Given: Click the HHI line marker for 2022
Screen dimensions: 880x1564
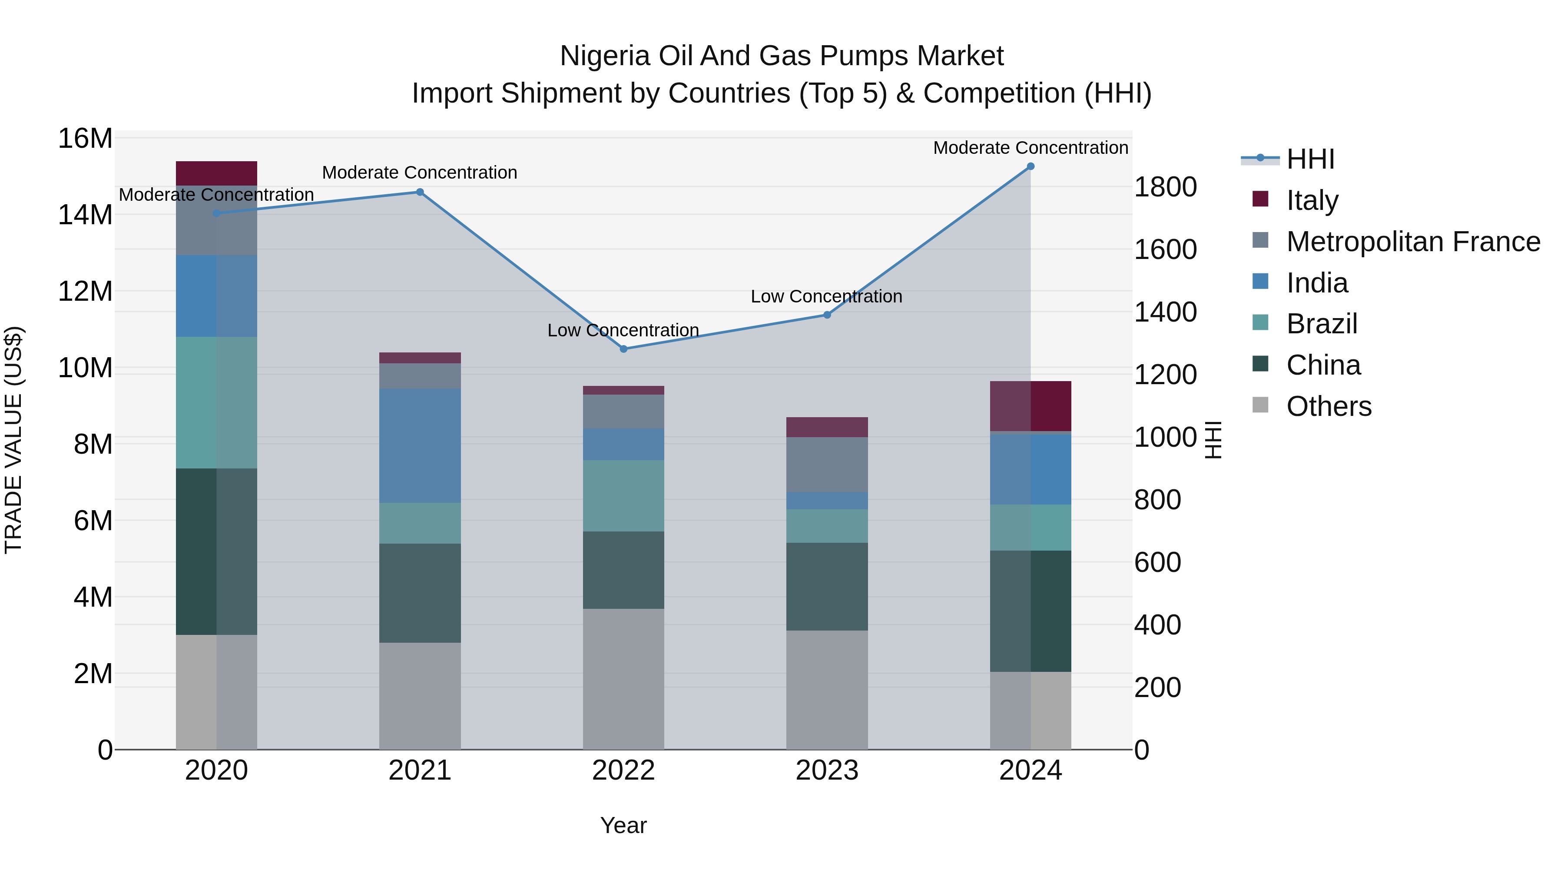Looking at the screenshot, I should point(623,349).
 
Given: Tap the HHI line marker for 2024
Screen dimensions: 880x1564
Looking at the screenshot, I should point(1031,166).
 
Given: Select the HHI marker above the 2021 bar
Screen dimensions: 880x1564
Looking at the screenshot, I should point(420,192).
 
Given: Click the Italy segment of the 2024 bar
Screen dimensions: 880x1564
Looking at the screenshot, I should point(1031,406).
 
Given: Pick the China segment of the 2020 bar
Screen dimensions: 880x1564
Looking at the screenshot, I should point(216,551).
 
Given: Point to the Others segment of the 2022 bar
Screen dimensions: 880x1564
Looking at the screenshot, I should point(623,678).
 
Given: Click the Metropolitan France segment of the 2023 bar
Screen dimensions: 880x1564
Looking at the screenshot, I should point(826,464).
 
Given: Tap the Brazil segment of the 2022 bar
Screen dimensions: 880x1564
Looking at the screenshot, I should point(623,495).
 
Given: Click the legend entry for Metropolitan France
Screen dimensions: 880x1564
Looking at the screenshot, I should point(1413,242).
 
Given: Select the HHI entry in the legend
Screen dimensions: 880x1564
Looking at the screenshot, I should point(1309,159).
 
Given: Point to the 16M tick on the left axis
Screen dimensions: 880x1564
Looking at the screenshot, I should point(85,139).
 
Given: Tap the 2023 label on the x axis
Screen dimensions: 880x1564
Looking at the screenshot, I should point(826,770).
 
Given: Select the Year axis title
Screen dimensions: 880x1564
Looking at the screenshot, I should point(623,825).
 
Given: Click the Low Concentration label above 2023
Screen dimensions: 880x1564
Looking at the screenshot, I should point(826,296).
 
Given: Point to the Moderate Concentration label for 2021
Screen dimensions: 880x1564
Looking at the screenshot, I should point(420,173).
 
